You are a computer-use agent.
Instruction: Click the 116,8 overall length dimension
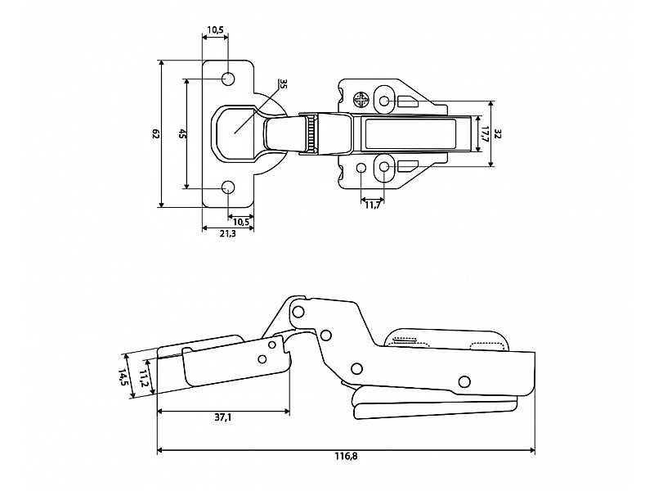[346, 456]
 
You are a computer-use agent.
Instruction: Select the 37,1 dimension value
[223, 417]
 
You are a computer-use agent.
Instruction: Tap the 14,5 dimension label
[123, 376]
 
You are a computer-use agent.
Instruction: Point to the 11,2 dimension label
[143, 378]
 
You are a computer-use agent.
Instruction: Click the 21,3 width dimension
[228, 234]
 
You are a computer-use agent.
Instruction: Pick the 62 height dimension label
[156, 134]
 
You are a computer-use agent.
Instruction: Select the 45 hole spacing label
[181, 134]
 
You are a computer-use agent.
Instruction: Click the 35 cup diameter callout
[283, 83]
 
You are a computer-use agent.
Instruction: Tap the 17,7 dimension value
[484, 134]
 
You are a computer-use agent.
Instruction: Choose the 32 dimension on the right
[497, 134]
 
